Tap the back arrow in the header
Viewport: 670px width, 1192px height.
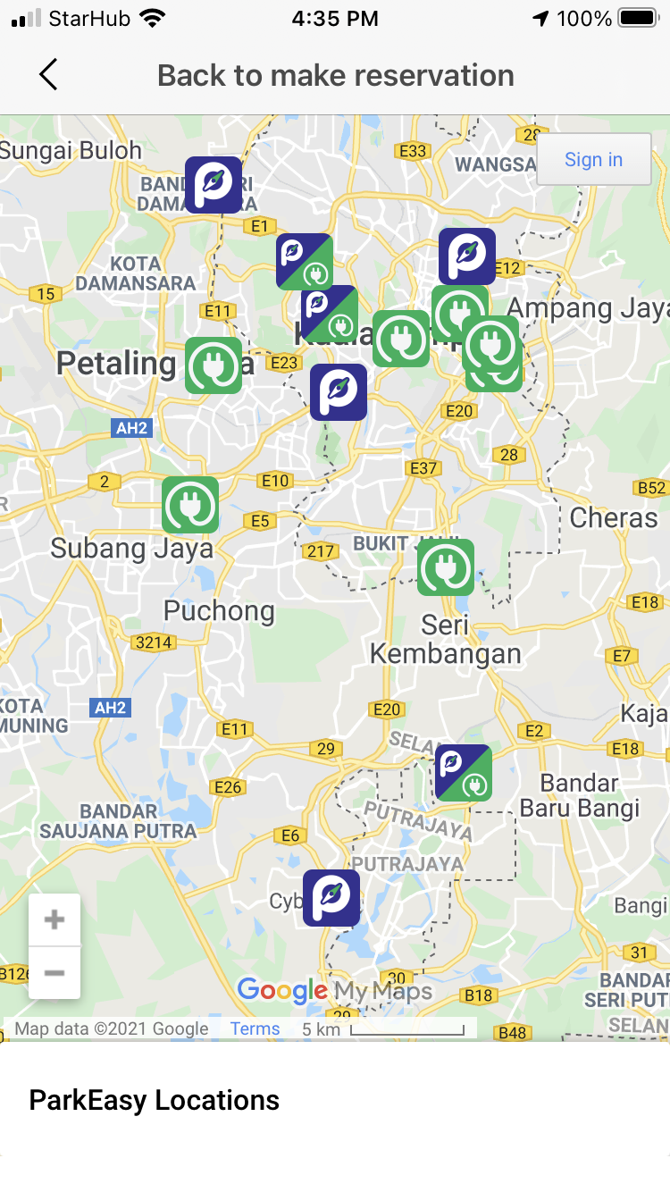[x=48, y=75]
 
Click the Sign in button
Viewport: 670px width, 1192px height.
[x=593, y=159]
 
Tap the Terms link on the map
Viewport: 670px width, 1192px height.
[x=255, y=1028]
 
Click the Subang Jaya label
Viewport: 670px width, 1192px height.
[x=131, y=548]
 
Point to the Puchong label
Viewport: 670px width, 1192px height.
[x=219, y=611]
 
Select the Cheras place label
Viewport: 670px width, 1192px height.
[x=613, y=517]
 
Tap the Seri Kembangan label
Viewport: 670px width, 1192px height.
[x=445, y=640]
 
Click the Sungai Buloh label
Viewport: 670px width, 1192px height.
[x=71, y=150]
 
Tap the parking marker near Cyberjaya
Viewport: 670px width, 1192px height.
[x=331, y=898]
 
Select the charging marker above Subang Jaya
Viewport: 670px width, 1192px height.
[x=190, y=505]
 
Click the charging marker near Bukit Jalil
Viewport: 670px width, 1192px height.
[x=446, y=567]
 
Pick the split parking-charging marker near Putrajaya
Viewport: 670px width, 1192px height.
[x=464, y=773]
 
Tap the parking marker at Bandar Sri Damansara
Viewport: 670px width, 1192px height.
[x=214, y=185]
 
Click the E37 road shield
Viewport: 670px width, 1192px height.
[x=423, y=467]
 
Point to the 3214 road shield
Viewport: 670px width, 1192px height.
[x=154, y=642]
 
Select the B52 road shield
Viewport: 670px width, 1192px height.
[x=651, y=487]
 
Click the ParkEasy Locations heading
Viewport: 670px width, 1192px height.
[x=155, y=1100]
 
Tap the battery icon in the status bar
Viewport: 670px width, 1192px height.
[x=638, y=19]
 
